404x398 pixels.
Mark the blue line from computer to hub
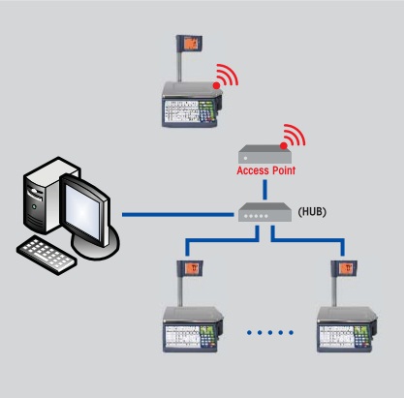click(x=179, y=214)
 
